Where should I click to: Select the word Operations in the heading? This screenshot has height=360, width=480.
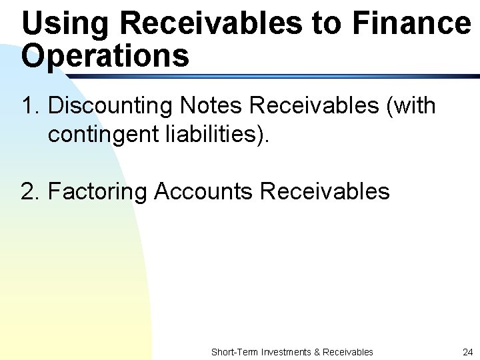(105, 56)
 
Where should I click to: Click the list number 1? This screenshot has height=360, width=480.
(31, 105)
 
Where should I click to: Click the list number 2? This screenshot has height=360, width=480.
(31, 191)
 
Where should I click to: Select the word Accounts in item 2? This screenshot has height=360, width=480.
(203, 191)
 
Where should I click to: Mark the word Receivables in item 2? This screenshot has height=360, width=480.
(325, 191)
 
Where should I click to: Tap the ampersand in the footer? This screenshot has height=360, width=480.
(317, 351)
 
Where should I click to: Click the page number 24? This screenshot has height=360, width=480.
(467, 351)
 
